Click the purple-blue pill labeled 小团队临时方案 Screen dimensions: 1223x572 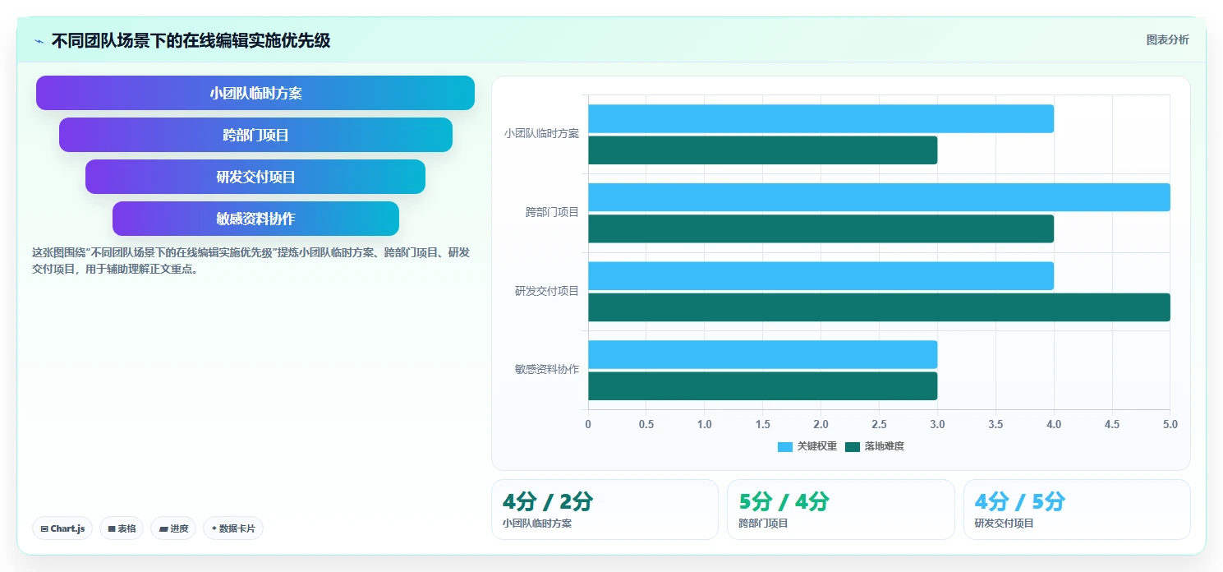[255, 93]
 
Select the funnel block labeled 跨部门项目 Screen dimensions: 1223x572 [255, 135]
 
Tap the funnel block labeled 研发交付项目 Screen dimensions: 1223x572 [255, 177]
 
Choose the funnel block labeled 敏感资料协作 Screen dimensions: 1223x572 [255, 219]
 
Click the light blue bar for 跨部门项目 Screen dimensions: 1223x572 [879, 197]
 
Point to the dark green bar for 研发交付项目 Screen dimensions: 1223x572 [879, 307]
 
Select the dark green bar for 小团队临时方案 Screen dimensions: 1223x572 [763, 150]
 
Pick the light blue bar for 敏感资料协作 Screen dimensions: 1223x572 [763, 354]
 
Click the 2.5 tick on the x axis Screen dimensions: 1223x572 [879, 425]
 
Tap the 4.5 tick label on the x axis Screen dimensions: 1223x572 [1112, 425]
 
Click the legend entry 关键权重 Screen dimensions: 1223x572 [807, 446]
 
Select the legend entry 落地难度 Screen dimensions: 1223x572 [875, 446]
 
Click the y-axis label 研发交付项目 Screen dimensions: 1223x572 [546, 291]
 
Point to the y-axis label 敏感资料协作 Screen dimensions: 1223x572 [546, 369]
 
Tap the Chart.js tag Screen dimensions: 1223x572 [62, 528]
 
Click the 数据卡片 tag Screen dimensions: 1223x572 [233, 528]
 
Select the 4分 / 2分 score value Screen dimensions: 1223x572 [548, 501]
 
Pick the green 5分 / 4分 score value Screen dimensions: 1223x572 [784, 501]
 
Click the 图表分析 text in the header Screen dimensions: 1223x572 [1167, 40]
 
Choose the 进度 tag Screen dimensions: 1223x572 [173, 528]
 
